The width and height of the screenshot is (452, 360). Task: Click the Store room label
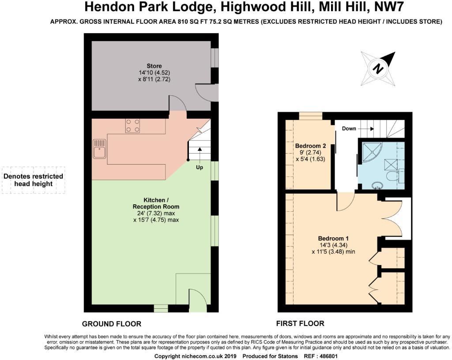tap(154, 66)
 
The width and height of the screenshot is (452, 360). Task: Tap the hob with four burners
tap(132, 126)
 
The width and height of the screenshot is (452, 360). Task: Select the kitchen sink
tap(99, 148)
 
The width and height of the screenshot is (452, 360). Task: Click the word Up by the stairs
tap(200, 168)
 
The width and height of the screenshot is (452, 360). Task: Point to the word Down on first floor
tap(349, 129)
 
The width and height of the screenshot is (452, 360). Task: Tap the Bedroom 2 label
tap(310, 146)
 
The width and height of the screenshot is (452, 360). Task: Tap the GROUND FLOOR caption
tap(112, 324)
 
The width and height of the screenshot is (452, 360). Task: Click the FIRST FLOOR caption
tap(300, 323)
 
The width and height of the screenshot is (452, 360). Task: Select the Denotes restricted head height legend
tap(34, 180)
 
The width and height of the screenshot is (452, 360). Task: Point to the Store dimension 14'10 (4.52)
tap(154, 73)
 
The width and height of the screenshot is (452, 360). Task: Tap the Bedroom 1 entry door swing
tap(345, 202)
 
